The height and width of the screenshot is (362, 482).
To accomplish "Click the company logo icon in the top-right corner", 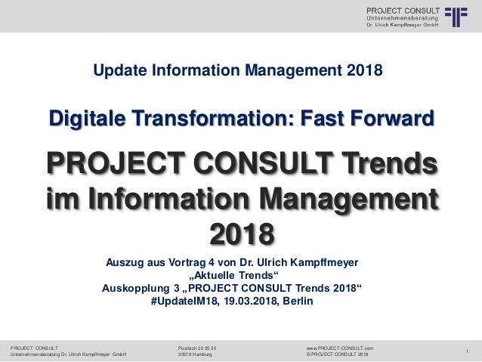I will pyautogui.click(x=457, y=17).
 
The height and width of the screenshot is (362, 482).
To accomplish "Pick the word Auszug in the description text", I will pyautogui.click(x=125, y=262).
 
